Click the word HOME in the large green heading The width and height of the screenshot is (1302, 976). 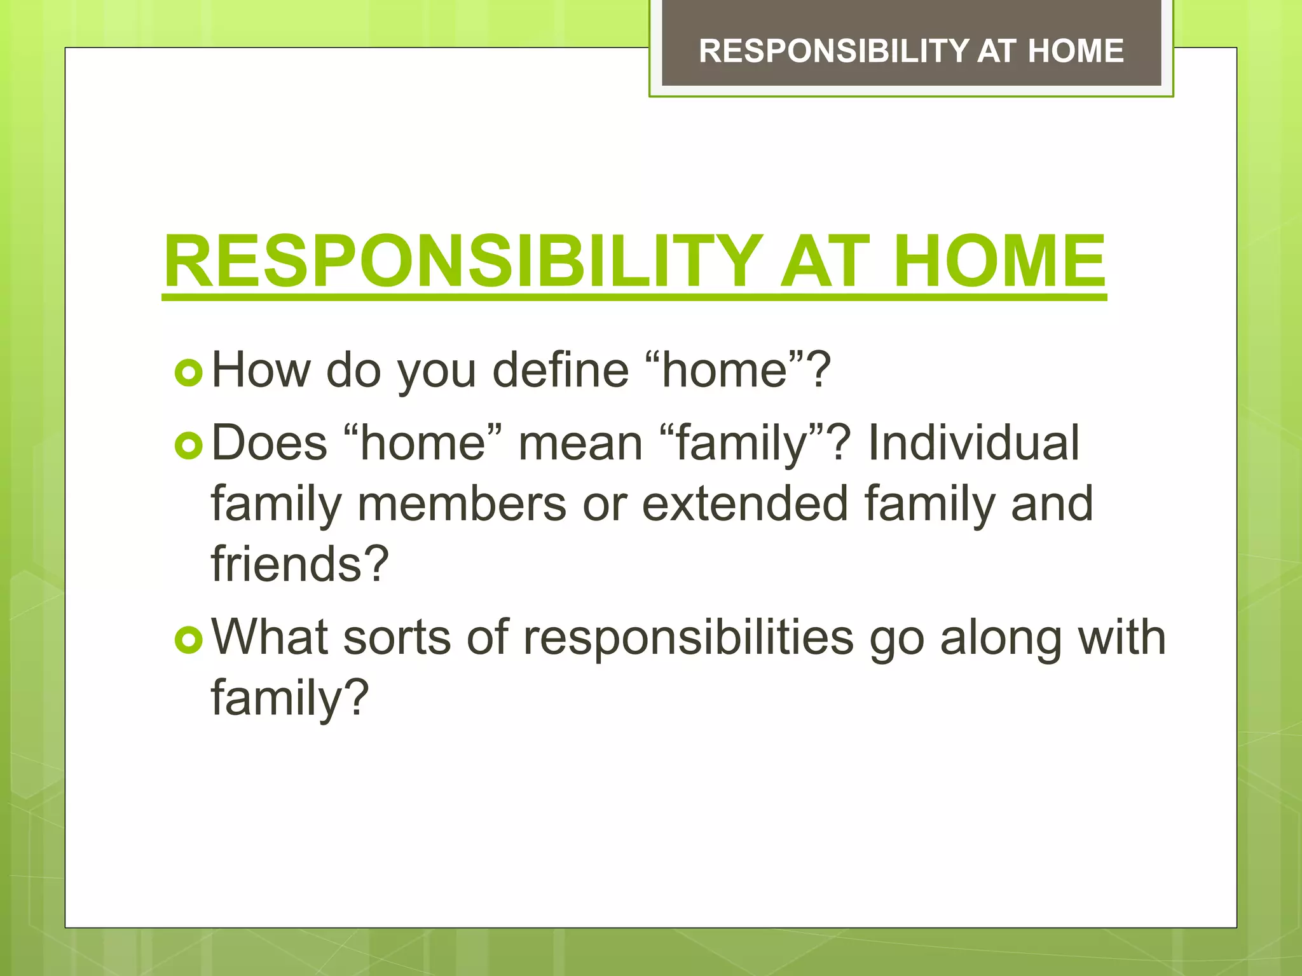[999, 262]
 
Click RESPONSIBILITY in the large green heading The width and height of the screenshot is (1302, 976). [463, 262]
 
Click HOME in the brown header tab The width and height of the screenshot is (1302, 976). [1076, 51]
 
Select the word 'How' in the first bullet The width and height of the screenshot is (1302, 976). [261, 370]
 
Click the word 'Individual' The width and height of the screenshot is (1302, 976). [973, 443]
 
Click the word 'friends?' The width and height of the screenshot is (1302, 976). [299, 564]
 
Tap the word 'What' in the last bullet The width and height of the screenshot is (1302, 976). [270, 637]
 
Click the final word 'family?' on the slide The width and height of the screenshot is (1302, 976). [290, 698]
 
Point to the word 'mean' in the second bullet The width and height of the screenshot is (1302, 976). [580, 443]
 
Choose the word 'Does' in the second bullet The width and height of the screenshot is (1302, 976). [269, 443]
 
